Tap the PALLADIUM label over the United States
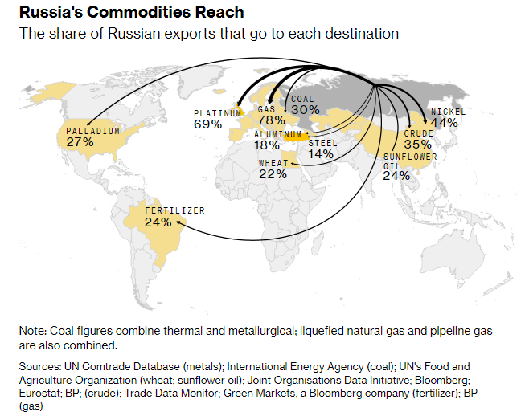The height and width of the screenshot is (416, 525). point(92,130)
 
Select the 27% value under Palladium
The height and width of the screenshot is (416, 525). point(80,141)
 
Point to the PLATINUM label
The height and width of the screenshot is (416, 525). point(217,113)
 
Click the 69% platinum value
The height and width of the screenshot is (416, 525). point(207,124)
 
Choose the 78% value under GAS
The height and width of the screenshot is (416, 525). point(272,120)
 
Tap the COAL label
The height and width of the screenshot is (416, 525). point(303,99)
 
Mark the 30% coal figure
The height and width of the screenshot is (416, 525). point(305,110)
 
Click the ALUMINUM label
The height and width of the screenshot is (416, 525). point(277,134)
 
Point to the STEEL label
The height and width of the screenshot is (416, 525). point(322,142)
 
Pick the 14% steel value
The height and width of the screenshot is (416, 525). point(320,153)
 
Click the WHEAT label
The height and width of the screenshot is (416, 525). point(273,163)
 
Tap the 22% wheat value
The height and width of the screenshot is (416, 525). point(273,174)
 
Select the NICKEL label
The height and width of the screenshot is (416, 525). point(447,112)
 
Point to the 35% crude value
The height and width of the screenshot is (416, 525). point(417,144)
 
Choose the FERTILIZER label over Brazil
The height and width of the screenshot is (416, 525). point(174,210)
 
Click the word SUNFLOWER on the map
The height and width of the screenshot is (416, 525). point(409,157)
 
